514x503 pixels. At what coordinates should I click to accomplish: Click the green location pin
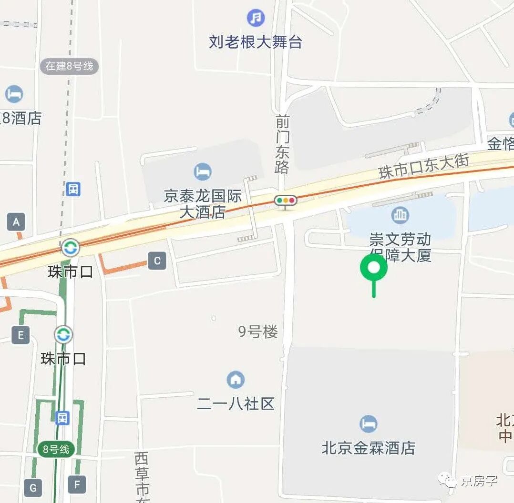coord(374,268)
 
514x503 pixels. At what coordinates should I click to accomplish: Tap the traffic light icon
coord(285,201)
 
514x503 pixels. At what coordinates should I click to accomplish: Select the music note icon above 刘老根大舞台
coord(256,18)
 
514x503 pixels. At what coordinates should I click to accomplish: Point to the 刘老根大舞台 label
coord(256,42)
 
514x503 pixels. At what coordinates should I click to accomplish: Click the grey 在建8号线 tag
coord(69,66)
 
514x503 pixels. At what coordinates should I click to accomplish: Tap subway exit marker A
coord(16,222)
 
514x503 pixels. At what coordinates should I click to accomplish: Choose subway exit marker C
coord(157,261)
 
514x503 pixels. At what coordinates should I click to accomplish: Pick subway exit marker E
coord(21,335)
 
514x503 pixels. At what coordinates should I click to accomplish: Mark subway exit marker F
coord(77,484)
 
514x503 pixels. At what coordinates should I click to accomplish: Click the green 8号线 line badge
coord(56,449)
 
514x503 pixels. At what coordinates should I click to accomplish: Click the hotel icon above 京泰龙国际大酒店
coord(203,171)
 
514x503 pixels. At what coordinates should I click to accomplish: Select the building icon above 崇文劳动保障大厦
coord(400,215)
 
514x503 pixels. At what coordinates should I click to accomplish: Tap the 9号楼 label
coord(258,332)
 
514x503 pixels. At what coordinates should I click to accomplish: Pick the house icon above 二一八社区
coord(236,380)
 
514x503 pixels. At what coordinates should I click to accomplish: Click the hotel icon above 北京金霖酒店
coord(368,423)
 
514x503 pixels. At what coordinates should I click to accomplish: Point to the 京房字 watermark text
coord(479,481)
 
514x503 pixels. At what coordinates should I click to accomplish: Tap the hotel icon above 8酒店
coord(14,94)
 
